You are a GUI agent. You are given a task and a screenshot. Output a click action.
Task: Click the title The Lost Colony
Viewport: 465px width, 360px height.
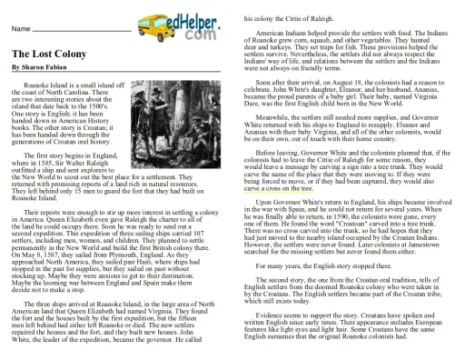click(44, 54)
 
